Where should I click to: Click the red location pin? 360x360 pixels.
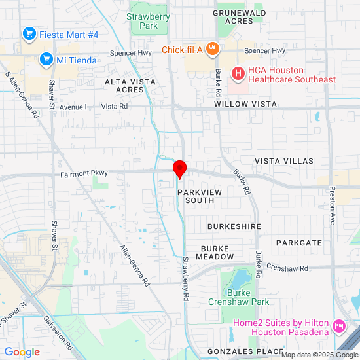(180, 169)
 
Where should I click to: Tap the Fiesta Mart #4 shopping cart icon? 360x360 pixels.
(28, 33)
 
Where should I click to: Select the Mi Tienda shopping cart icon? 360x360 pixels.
(46, 60)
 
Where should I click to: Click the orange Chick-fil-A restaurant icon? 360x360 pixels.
(212, 49)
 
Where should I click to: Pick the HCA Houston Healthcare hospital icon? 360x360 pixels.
(238, 75)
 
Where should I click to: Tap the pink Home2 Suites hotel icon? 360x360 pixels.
(339, 325)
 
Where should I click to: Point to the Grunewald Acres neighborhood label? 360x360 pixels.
(239, 16)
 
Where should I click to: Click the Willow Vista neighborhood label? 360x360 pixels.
(245, 104)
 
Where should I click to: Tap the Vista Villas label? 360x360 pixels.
(283, 161)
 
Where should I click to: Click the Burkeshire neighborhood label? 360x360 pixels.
(234, 226)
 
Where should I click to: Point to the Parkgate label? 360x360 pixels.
(299, 243)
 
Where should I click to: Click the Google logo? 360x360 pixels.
(22, 351)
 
